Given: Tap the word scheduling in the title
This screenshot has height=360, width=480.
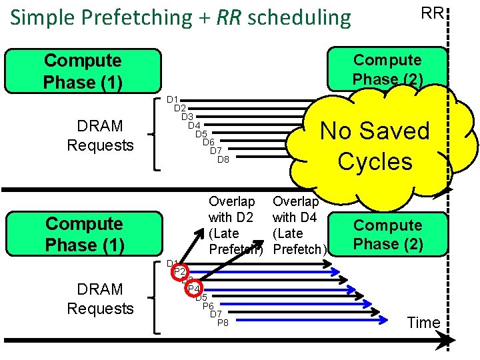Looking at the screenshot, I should (298, 18).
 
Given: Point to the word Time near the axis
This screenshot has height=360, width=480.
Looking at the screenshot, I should (424, 323).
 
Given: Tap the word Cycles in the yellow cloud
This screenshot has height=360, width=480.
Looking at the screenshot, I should (375, 161).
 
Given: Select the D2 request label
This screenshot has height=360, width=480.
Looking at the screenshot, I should (179, 108).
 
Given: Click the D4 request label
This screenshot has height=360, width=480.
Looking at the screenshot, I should (194, 125).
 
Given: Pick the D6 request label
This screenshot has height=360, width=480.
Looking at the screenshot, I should (209, 142).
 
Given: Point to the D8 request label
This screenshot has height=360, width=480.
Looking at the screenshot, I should (223, 159).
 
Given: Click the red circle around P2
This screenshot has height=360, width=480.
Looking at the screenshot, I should (179, 272).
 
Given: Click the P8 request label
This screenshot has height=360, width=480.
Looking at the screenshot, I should (223, 323).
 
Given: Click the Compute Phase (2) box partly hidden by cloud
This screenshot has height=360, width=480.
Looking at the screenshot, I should (387, 69).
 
